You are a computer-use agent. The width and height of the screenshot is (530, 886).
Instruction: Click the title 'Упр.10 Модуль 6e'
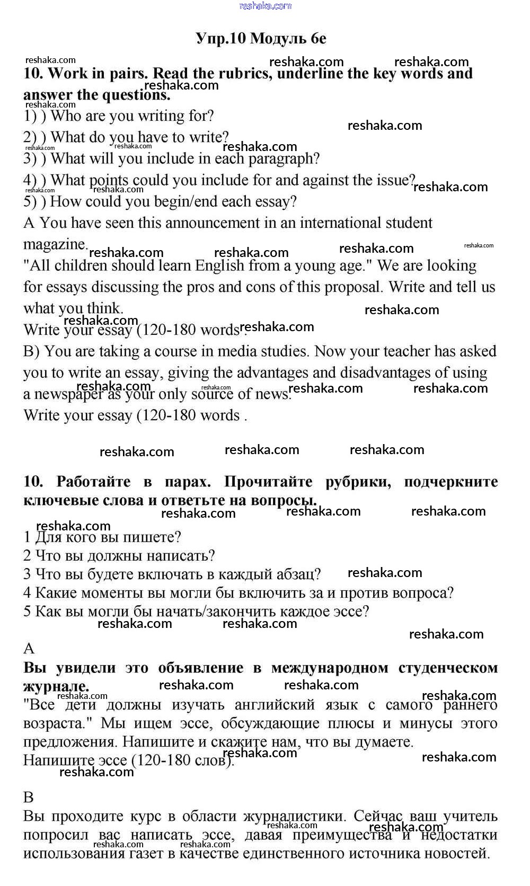261,39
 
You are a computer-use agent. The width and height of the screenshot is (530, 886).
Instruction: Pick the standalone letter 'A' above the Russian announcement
29,649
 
